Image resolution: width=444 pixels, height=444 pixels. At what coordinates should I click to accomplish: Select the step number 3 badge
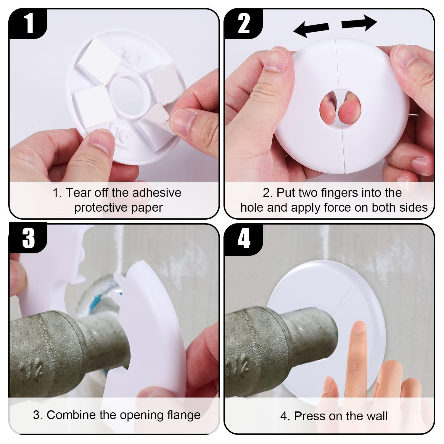point(28,238)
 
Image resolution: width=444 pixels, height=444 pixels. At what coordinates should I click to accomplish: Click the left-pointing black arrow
point(311,29)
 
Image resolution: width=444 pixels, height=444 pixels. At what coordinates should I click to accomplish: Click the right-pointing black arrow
point(359,24)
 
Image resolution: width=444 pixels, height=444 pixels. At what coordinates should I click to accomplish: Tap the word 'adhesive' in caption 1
point(157,193)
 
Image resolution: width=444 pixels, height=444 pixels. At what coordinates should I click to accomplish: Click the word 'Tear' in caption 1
point(78,193)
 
